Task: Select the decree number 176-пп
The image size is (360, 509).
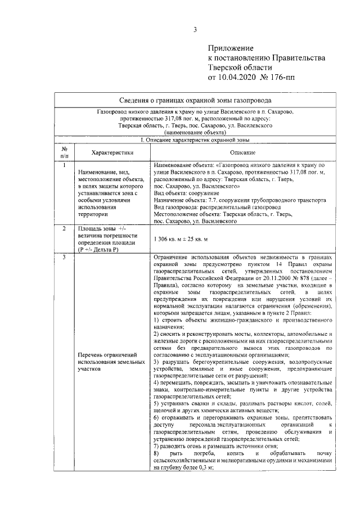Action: [x=298, y=76]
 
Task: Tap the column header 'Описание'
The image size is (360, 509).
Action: [x=242, y=152]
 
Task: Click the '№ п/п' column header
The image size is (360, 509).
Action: [x=64, y=152]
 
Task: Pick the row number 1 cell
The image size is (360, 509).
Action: [x=64, y=166]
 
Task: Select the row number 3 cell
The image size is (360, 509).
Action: [x=64, y=258]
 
